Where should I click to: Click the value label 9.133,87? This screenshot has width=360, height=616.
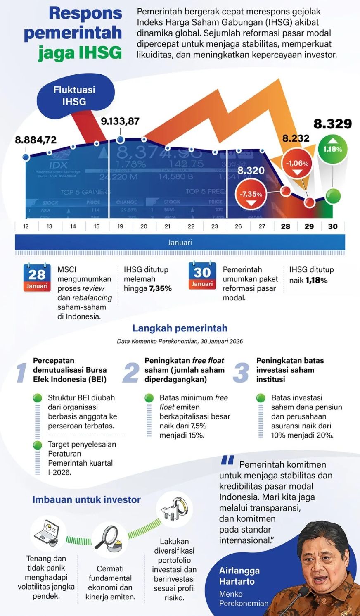[120, 121]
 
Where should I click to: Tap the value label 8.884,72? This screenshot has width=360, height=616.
[36, 140]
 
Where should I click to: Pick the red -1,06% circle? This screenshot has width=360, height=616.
[297, 163]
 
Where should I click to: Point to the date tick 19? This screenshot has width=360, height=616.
[120, 226]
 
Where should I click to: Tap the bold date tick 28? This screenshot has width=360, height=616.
[285, 226]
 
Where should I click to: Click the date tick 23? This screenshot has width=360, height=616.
[215, 226]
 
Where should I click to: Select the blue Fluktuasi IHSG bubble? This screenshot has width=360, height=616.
[74, 95]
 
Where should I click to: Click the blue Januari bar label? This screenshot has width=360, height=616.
[180, 243]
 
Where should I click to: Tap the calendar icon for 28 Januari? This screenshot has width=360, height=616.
[37, 277]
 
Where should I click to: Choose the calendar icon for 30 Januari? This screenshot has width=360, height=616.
[202, 275]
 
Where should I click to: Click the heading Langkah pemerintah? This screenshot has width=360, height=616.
[180, 328]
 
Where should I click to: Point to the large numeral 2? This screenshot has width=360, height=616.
[131, 372]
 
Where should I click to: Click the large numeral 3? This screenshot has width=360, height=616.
[242, 372]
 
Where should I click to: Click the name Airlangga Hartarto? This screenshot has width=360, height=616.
[239, 576]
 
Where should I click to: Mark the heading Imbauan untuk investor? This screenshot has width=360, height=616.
[86, 499]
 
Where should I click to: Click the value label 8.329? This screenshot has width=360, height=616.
[333, 124]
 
